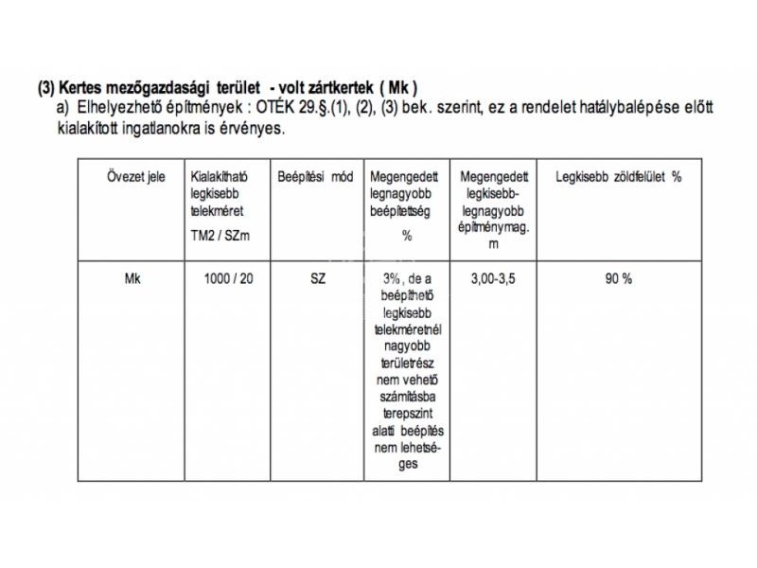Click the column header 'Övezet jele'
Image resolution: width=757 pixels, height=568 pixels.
[x=135, y=177]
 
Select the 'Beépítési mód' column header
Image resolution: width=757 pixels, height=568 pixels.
[x=315, y=177]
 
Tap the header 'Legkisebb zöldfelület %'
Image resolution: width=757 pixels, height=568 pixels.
[x=618, y=177]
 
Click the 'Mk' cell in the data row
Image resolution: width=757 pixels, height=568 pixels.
[x=133, y=279]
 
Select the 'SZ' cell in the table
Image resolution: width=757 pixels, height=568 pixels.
[x=317, y=279]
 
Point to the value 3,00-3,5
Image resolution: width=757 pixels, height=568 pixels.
[x=493, y=279]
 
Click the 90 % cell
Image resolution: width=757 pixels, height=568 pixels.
[x=619, y=279]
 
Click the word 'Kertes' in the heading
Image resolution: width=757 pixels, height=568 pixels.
[x=82, y=89]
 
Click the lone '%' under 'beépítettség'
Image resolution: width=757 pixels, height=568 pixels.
[x=407, y=236]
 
